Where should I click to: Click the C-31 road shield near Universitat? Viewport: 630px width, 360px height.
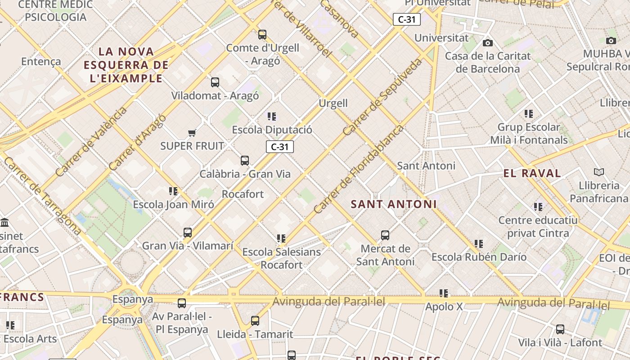407,19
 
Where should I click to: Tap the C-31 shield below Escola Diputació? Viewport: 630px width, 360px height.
279,147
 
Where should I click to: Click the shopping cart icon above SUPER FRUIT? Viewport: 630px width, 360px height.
192,133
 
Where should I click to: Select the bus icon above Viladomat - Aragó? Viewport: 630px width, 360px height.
215,82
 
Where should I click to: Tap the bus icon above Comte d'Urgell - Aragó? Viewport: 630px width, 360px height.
262,34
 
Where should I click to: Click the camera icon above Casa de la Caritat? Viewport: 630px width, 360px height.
487,43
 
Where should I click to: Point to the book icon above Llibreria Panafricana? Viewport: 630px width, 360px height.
598,172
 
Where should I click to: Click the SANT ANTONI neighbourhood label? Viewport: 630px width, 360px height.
394,204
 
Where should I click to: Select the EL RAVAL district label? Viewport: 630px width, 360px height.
532,173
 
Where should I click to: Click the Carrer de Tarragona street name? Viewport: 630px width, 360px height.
43,196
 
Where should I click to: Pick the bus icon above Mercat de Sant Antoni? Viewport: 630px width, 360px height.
385,235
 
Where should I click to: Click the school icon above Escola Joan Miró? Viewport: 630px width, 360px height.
173,191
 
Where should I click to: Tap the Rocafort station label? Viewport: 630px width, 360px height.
243,194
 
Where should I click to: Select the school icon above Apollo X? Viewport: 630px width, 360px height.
444,293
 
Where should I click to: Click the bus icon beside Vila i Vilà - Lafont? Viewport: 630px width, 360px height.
560,329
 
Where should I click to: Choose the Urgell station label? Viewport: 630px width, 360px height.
333,103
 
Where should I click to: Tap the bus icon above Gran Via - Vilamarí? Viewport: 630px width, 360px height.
188,233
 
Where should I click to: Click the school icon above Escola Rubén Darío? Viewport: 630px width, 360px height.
479,244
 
